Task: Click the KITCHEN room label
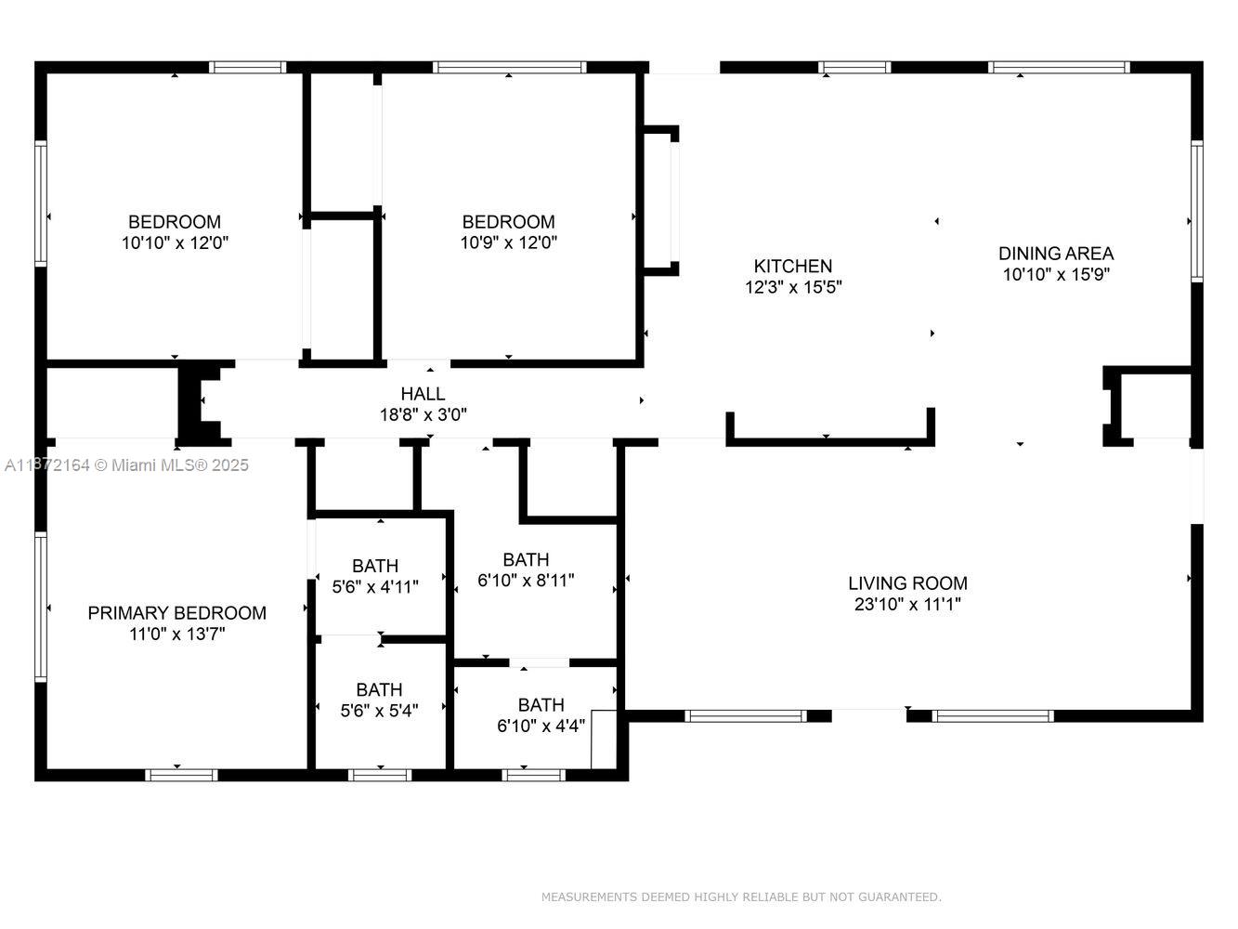(792, 266)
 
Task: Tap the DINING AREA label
(1056, 254)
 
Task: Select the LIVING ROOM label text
(907, 582)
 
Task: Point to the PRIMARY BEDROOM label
(177, 612)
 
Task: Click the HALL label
(423, 393)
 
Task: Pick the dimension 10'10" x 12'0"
(175, 242)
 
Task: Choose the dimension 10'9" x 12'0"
(508, 242)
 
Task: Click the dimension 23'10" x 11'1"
(907, 604)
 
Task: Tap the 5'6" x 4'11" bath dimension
(375, 586)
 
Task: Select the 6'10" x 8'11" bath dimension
(526, 580)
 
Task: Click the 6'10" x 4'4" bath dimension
(541, 726)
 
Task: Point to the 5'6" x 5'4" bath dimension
(379, 710)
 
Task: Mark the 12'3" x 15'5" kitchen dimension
(793, 287)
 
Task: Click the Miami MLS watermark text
(126, 464)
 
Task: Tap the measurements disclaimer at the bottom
(741, 896)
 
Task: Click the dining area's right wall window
(1197, 211)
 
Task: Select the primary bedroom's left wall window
(41, 607)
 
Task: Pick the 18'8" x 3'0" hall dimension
(423, 414)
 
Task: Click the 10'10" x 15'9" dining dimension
(1056, 275)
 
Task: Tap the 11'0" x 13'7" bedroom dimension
(177, 634)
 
